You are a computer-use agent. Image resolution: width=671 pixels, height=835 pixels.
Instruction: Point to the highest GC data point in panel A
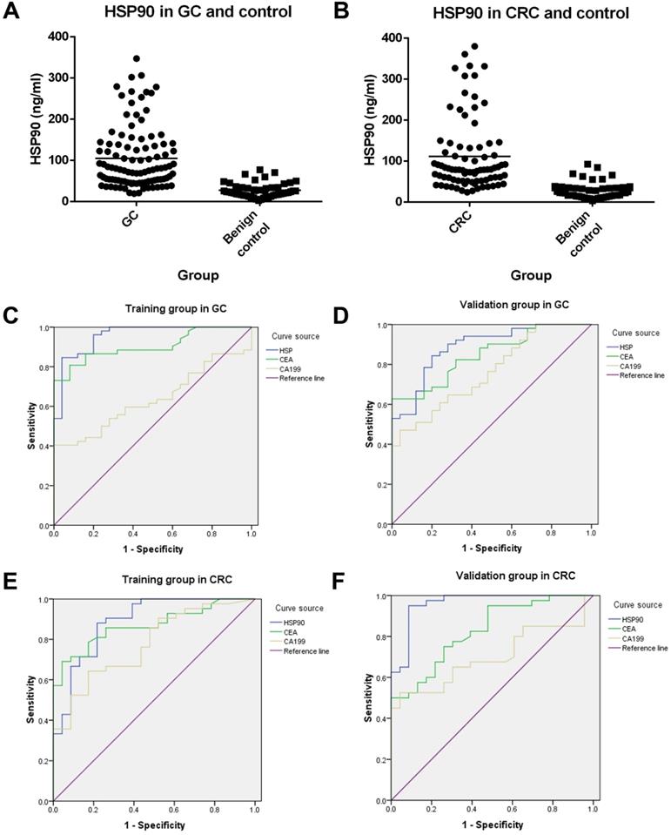click(137, 59)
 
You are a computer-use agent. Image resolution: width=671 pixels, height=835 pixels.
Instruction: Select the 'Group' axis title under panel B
click(532, 276)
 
